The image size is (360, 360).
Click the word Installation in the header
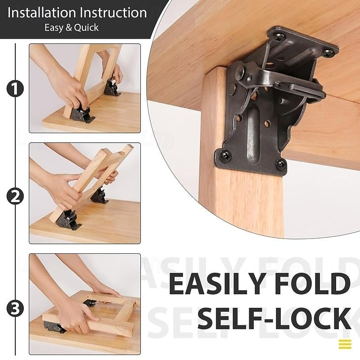pyautogui.click(x=43, y=12)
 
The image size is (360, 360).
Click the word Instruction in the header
pyautogui.click(x=113, y=12)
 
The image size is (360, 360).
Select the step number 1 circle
pyautogui.click(x=15, y=89)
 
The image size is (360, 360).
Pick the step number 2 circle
pyautogui.click(x=15, y=197)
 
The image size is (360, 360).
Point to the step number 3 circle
pyautogui.click(x=15, y=309)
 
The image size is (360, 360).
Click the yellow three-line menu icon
pyautogui.click(x=345, y=344)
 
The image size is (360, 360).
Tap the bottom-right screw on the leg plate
pyautogui.click(x=281, y=164)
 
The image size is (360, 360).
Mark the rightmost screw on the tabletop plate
pyautogui.click(x=329, y=53)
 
